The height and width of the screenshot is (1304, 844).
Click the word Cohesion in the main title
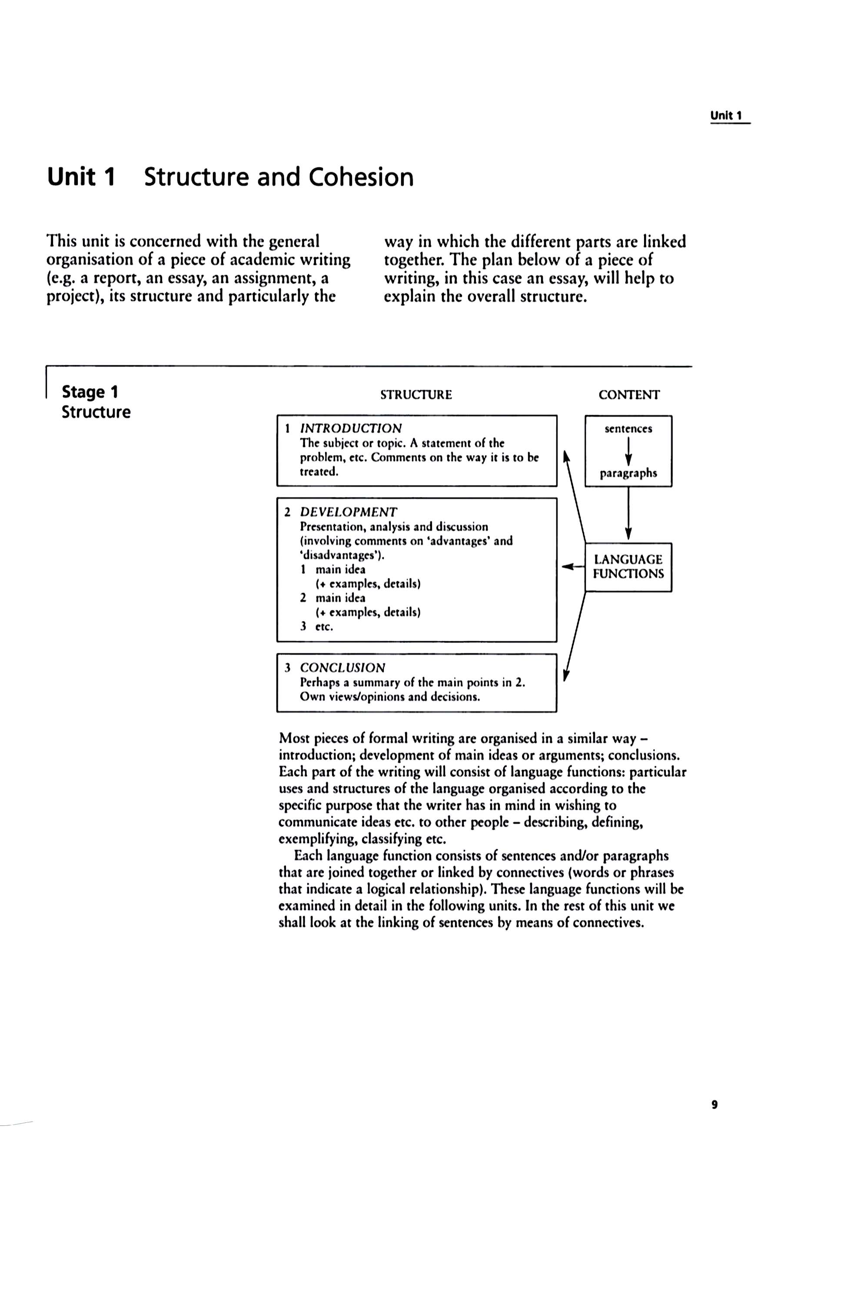361,177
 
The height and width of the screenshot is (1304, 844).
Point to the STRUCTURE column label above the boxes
416,395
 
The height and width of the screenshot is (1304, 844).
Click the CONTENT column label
629,395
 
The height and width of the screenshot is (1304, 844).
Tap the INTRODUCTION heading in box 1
351,428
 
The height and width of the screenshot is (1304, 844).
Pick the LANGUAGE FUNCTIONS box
628,566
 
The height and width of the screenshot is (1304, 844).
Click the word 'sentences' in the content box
628,429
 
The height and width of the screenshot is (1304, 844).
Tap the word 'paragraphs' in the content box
628,473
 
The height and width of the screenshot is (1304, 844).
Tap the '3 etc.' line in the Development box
316,626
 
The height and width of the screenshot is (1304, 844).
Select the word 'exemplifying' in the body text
312,839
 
